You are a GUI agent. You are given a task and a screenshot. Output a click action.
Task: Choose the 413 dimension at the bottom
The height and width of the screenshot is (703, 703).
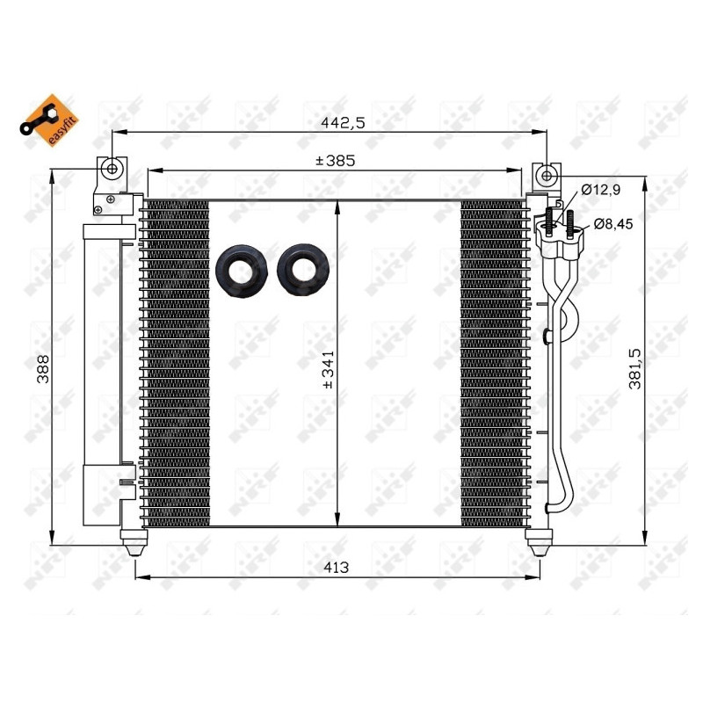coord(336,568)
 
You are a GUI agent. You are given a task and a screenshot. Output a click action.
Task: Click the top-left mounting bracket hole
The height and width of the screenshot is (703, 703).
coord(112,169)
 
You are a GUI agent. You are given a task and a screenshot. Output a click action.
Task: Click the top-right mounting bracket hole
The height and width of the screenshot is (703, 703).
coord(547,175)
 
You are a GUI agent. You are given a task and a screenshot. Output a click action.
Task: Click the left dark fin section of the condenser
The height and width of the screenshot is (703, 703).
coord(177,360)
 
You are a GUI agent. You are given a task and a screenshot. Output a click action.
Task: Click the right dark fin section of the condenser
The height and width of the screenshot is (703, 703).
coord(493,360)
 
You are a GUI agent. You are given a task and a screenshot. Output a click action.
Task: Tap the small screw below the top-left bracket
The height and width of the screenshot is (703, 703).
coord(110,199)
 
